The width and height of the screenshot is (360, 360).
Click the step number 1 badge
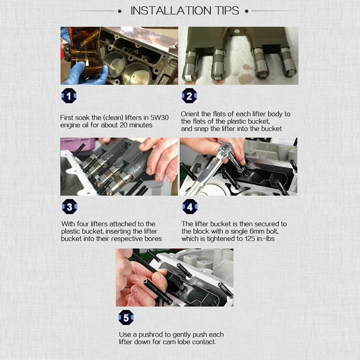69,96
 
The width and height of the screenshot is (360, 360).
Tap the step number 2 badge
189,96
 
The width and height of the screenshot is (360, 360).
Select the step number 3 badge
69,207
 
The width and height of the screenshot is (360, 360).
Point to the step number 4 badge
190,207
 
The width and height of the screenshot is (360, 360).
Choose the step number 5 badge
126,318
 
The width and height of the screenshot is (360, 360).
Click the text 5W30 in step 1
159,117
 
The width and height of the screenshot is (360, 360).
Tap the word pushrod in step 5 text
152,335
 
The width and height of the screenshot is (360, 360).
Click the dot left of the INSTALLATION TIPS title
120,11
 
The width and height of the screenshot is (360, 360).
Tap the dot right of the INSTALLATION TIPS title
247,11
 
